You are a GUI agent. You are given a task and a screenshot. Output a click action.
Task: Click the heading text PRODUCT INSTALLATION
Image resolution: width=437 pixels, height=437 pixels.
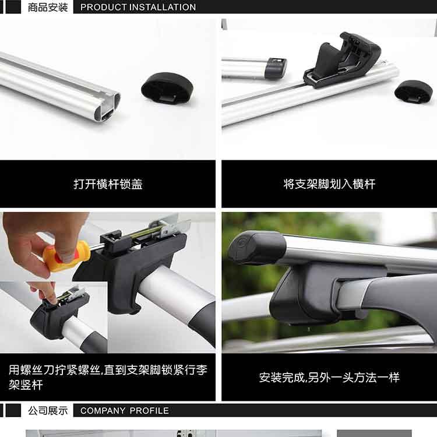tap(138, 7)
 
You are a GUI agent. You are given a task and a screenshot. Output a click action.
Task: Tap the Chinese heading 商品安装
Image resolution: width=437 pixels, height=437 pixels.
tap(48, 7)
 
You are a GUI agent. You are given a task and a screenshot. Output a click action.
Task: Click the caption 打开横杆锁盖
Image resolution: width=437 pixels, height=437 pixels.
tap(108, 184)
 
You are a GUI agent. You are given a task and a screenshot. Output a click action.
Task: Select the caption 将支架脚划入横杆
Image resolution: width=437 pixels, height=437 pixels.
tap(329, 184)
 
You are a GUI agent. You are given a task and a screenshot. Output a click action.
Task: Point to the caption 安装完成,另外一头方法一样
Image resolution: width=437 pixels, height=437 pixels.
tap(329, 378)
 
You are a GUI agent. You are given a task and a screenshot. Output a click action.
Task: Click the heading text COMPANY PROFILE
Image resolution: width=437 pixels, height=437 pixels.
tap(124, 411)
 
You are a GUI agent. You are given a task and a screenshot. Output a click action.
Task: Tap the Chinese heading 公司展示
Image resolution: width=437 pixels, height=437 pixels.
tap(48, 411)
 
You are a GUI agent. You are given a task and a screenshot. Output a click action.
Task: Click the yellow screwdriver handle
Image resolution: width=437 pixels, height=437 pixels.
tap(68, 256)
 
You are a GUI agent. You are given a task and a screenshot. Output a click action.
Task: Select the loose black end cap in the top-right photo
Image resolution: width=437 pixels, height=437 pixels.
tap(413, 91)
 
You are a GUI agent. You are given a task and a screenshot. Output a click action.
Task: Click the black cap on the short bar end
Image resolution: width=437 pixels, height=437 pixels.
tap(276, 68)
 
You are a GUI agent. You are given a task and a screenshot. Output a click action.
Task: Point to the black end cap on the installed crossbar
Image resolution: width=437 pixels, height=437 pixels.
tap(256, 248)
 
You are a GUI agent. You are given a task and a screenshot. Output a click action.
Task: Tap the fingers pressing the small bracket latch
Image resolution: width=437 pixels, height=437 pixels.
tap(45, 292)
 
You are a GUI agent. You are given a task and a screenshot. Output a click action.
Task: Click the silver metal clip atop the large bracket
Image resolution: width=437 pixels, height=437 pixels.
tap(170, 225)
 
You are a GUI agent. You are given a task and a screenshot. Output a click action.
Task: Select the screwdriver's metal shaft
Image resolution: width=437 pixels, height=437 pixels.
tap(96, 246)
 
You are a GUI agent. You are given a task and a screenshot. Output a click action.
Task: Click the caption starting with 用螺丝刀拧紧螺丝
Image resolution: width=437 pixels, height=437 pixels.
tap(108, 378)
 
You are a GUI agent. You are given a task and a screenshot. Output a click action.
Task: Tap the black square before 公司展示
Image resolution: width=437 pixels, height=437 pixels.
tap(13, 411)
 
